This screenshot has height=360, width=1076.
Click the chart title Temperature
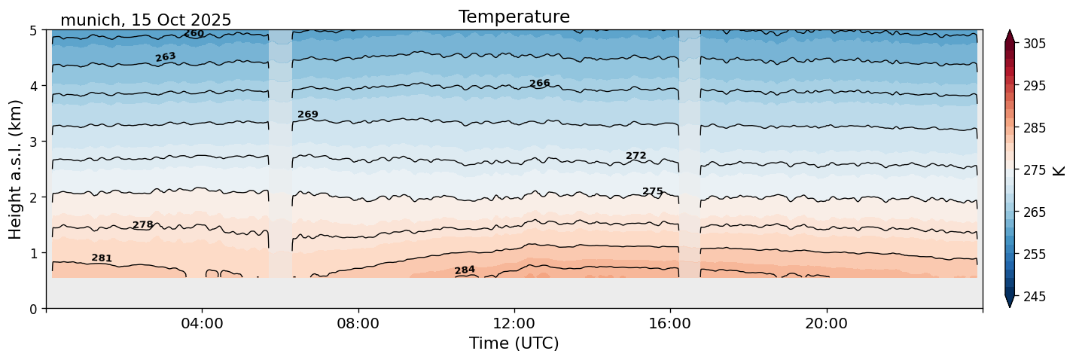pyautogui.click(x=514, y=17)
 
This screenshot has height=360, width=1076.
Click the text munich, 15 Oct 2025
pyautogui.click(x=145, y=20)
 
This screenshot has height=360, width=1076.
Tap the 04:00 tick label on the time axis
pyautogui.click(x=203, y=324)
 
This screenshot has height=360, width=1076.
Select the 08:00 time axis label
pyautogui.click(x=358, y=324)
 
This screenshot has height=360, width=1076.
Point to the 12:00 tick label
pyautogui.click(x=514, y=324)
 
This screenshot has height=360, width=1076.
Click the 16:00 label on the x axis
pyautogui.click(x=670, y=324)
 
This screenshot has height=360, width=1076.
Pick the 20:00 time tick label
pyautogui.click(x=826, y=324)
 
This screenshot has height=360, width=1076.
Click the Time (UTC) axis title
pyautogui.click(x=514, y=343)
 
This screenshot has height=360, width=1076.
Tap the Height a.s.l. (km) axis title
pyautogui.click(x=16, y=169)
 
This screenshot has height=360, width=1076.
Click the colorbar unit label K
pyautogui.click(x=1060, y=170)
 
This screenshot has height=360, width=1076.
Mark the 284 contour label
pyautogui.click(x=465, y=270)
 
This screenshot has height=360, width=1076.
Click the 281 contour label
pyautogui.click(x=102, y=258)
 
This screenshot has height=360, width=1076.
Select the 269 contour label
pyautogui.click(x=308, y=114)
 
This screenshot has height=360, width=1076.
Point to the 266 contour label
pyautogui.click(x=539, y=84)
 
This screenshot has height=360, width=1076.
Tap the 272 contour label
pyautogui.click(x=636, y=156)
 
